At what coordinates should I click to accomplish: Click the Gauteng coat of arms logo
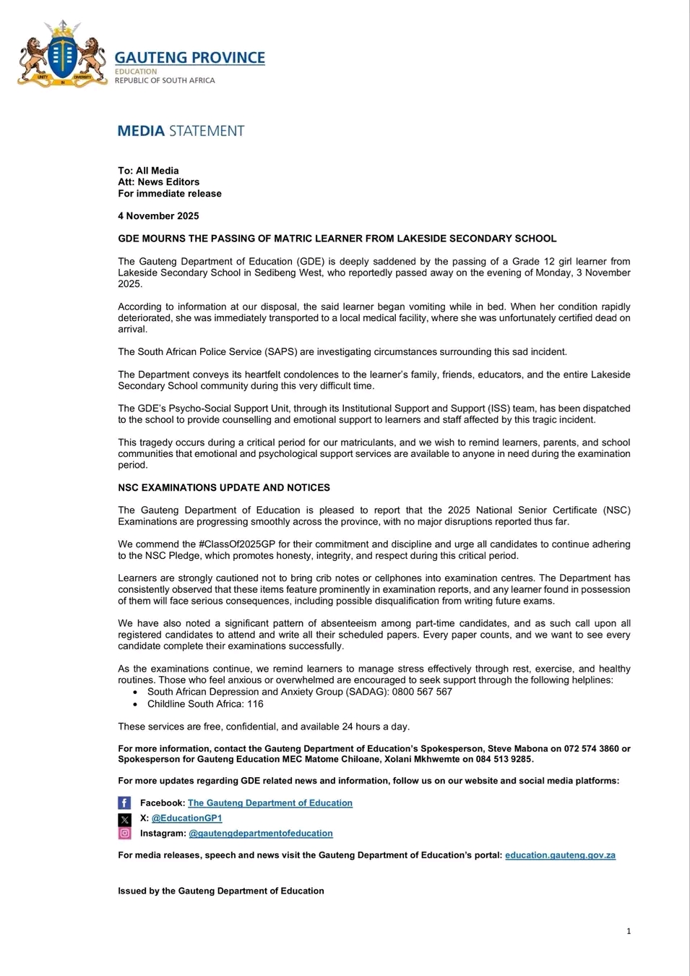click(63, 54)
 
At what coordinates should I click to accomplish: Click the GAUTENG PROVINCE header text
click(189, 58)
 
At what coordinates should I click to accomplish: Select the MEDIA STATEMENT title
click(181, 131)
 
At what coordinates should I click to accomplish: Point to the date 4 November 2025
click(158, 216)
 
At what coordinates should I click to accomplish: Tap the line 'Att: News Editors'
click(158, 182)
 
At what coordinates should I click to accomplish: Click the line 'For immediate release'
click(170, 194)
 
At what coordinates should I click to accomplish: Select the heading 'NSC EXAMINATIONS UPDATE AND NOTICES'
click(224, 488)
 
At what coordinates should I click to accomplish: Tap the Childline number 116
click(255, 703)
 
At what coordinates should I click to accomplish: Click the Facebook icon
click(124, 803)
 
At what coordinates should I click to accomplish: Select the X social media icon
click(124, 819)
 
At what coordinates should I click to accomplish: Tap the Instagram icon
click(124, 834)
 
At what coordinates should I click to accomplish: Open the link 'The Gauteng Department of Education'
click(270, 803)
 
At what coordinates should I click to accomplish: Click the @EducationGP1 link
click(186, 818)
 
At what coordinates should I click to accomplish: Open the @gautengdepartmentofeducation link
click(261, 834)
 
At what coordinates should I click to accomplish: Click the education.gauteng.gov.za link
click(560, 855)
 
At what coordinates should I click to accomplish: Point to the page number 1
click(629, 931)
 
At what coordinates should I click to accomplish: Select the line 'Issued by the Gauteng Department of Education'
click(221, 891)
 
